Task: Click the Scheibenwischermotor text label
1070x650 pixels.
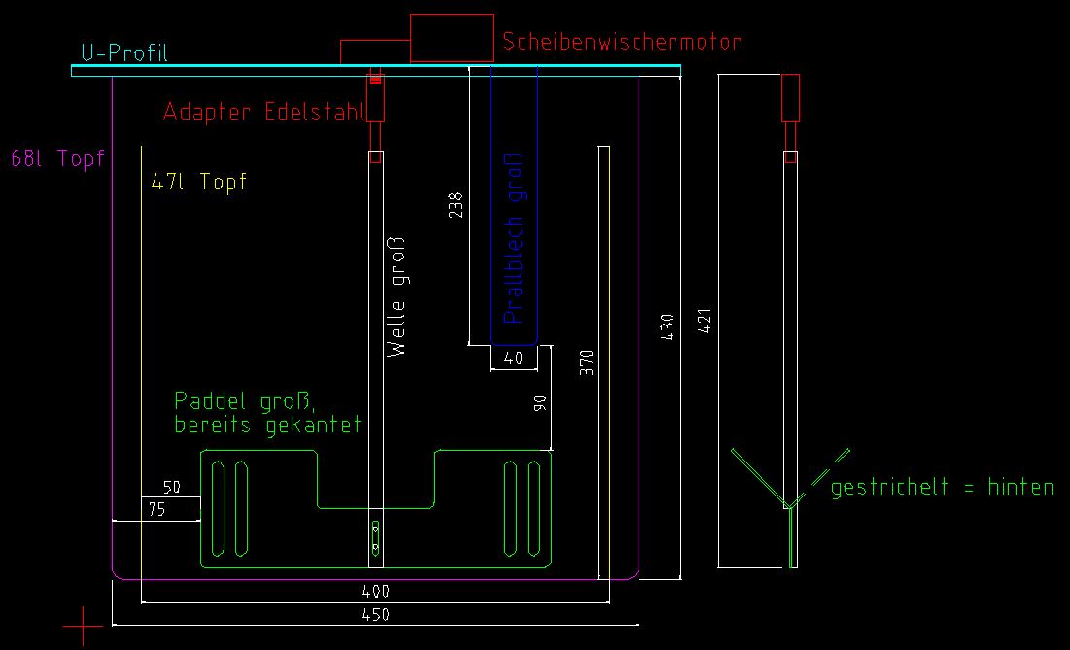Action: coord(622,42)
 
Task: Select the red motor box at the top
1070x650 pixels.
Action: coord(451,38)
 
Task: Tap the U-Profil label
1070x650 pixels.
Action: coord(124,52)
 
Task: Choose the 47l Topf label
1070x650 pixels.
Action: coord(199,182)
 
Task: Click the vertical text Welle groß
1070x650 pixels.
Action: coord(397,296)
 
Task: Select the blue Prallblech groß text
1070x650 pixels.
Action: coord(515,238)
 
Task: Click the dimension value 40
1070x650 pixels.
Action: coord(514,359)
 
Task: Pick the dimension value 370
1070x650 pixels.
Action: coord(586,362)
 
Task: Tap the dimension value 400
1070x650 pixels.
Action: coord(375,591)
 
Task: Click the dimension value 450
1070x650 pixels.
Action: coord(375,615)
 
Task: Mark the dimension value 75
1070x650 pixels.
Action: coord(155,508)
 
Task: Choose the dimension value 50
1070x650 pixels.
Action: coord(171,487)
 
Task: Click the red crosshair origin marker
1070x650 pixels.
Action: coord(84,627)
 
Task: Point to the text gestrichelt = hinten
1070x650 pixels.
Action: coord(942,487)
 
